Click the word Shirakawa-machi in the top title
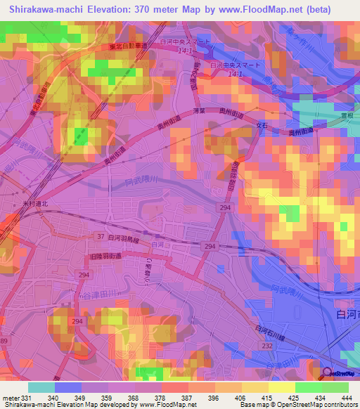50,9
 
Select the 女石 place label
262,125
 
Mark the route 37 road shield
101,237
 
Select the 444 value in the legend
346,397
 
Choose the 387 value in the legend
186,397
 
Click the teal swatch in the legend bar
41,387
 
